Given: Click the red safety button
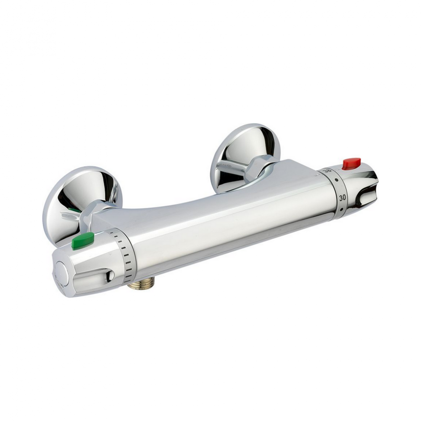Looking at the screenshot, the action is (351, 163).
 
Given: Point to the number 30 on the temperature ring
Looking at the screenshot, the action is (342, 198).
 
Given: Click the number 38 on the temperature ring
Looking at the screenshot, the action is (327, 171).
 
